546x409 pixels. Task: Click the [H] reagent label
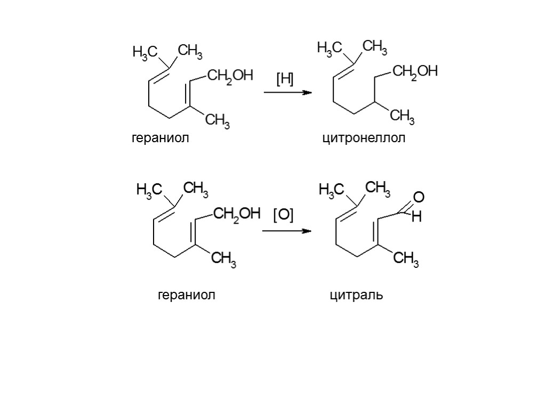285,80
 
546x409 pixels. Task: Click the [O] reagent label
283,216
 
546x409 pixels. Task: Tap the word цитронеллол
364,138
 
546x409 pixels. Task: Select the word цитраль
356,295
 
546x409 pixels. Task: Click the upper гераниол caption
160,138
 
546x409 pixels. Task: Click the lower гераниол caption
187,295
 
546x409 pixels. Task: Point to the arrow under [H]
287,93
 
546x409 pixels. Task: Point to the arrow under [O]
286,231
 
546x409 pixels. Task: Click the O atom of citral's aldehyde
419,198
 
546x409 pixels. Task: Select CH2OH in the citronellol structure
414,72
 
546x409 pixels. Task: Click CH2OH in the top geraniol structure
229,76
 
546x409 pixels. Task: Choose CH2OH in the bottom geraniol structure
236,215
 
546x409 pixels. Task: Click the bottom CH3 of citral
406,260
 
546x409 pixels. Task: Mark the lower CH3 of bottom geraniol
224,260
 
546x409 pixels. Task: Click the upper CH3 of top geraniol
189,52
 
